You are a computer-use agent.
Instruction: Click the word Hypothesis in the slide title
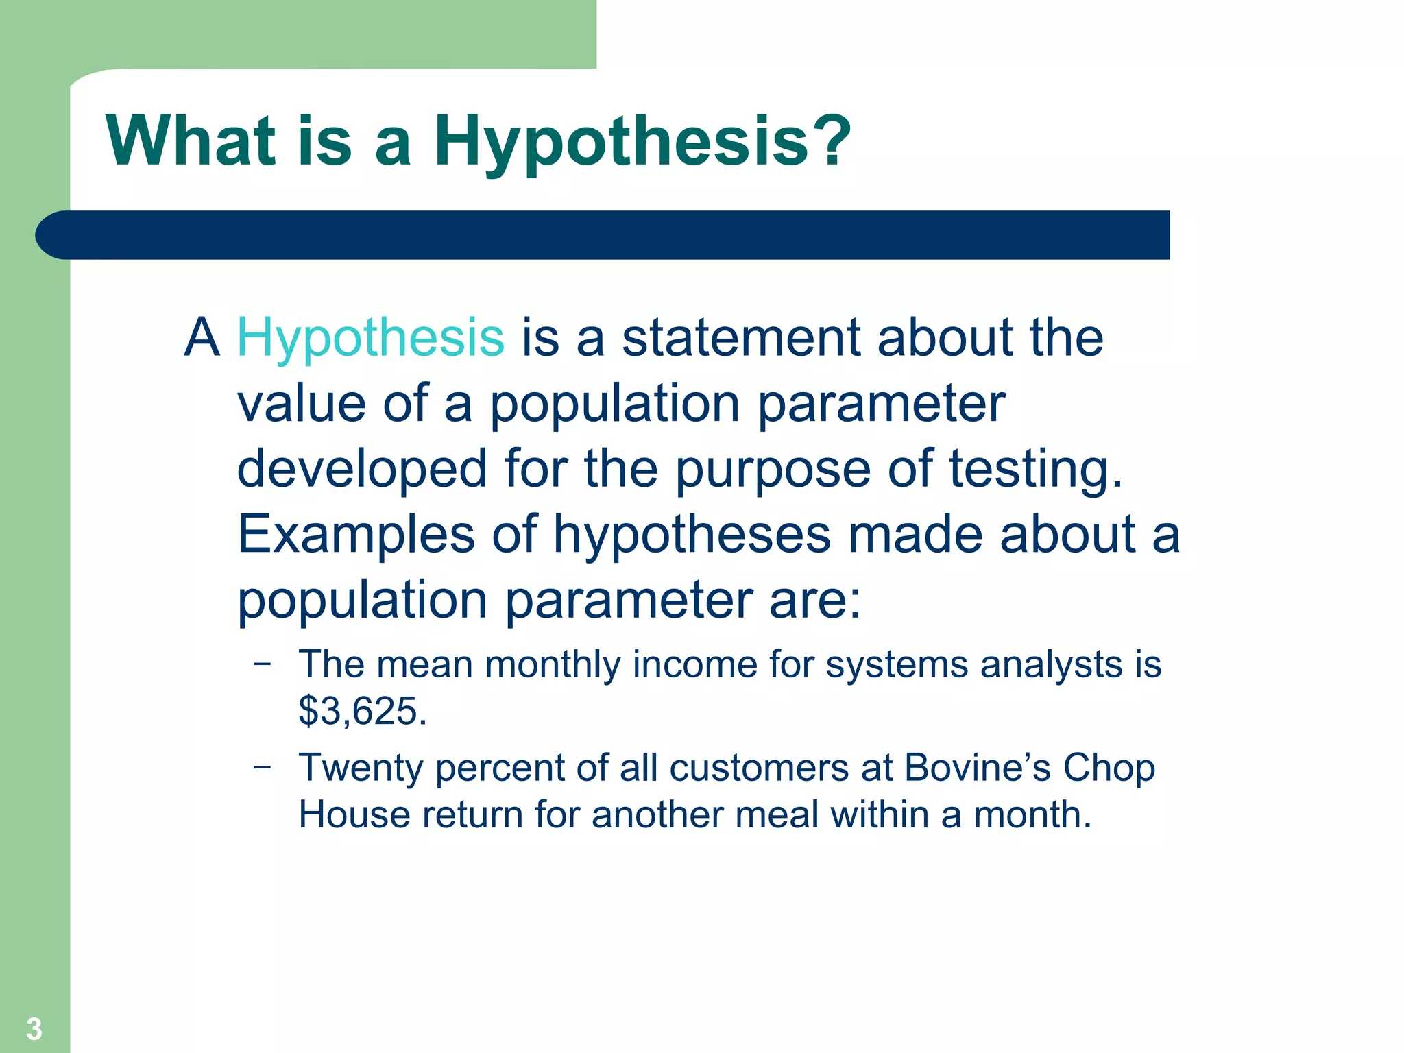(621, 141)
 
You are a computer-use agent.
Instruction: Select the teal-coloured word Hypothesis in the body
(370, 338)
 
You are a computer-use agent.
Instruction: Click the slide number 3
(34, 1029)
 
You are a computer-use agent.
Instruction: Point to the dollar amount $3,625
(362, 711)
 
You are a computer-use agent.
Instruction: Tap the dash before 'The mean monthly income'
(262, 663)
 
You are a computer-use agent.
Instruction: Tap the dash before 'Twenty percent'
(262, 766)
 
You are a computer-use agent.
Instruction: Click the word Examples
(356, 535)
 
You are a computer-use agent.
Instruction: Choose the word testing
(1035, 470)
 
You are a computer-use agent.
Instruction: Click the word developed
(362, 470)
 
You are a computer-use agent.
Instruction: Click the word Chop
(1109, 768)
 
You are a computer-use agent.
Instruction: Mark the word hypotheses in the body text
(692, 535)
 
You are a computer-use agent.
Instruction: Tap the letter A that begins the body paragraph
(202, 338)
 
